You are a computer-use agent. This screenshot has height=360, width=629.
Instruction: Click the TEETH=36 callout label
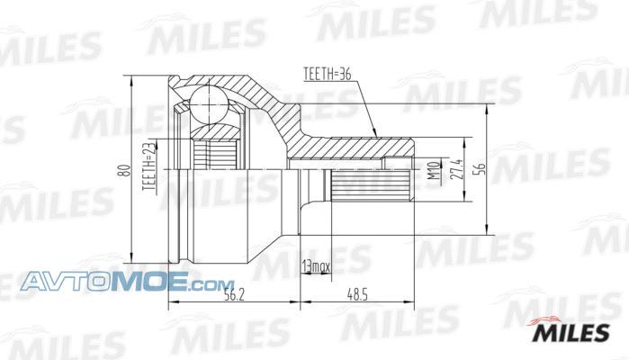(x=328, y=74)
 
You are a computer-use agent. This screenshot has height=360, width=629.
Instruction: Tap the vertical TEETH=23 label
(x=148, y=167)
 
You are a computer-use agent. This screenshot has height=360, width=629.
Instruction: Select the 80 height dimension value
(x=125, y=170)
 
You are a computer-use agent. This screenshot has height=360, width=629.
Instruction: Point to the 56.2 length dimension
(x=235, y=295)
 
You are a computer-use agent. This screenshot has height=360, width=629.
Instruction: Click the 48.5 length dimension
(x=357, y=295)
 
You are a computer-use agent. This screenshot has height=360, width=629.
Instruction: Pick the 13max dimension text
(x=316, y=265)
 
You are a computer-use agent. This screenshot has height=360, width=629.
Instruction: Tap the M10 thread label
(x=433, y=170)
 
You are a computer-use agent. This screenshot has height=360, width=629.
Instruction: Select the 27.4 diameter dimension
(x=456, y=169)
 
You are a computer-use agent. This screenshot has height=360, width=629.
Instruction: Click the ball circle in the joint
(x=209, y=103)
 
